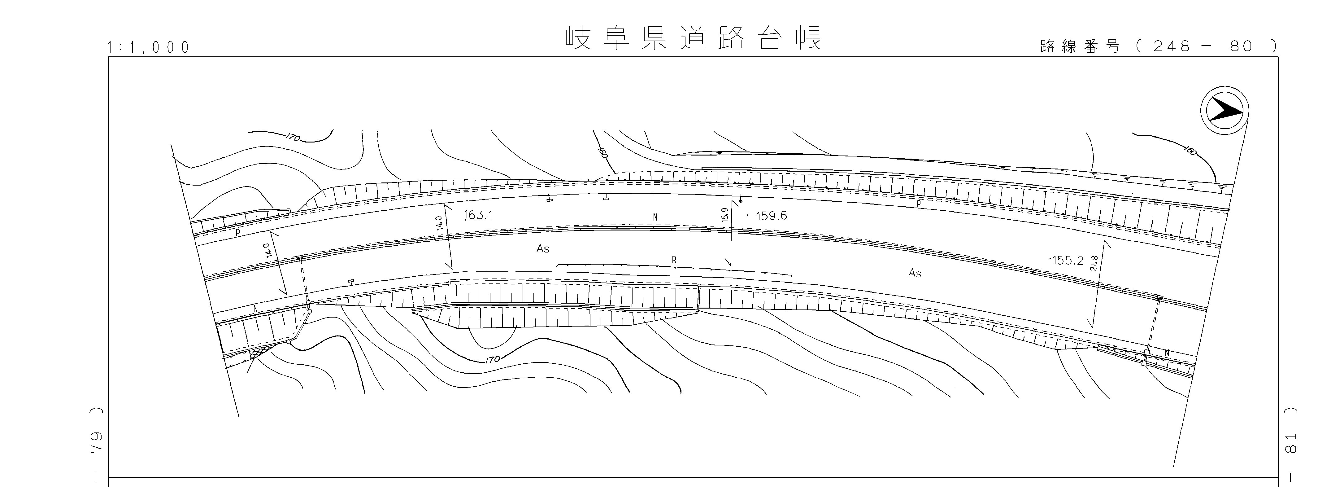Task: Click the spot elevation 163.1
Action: [x=478, y=215]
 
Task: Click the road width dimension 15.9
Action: [x=725, y=215]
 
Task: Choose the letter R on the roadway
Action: [x=674, y=260]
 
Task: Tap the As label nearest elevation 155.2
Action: [x=915, y=273]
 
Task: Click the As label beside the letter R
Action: [x=542, y=249]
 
